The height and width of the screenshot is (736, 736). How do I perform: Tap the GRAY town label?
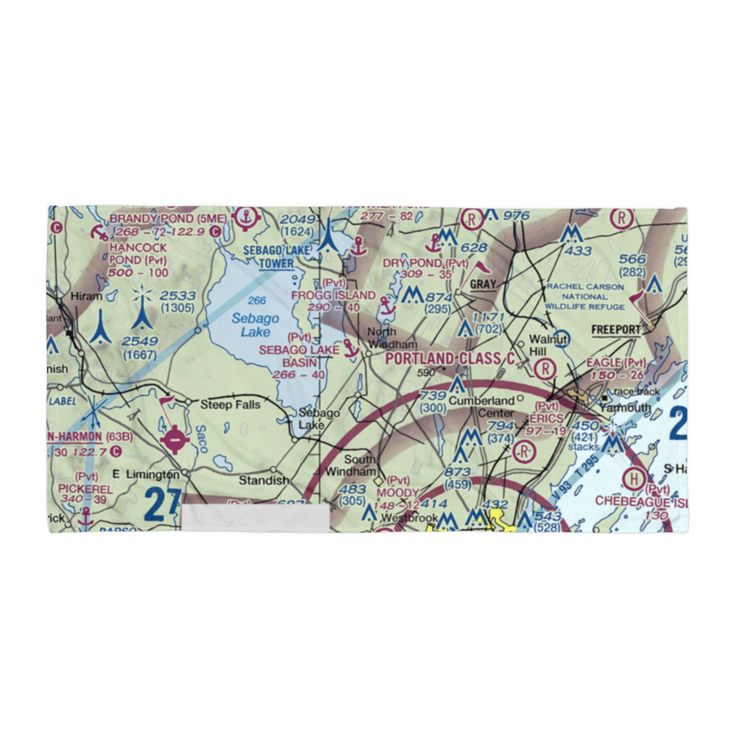point(483,284)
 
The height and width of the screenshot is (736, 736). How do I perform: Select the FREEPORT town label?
point(617,330)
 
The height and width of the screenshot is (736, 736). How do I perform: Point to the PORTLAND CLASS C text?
point(450,358)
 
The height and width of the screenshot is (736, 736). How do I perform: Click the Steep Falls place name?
point(226,404)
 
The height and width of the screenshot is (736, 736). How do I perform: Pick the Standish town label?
point(263,480)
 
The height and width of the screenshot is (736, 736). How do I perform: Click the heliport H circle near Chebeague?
point(632,478)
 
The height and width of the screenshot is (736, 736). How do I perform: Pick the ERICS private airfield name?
point(545,418)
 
